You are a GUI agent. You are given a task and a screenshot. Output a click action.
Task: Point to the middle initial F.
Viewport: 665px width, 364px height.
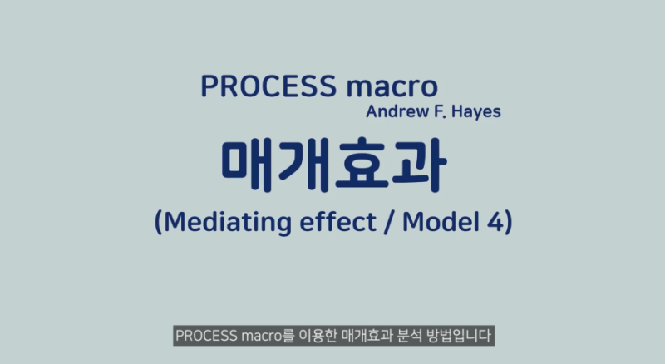(x=437, y=111)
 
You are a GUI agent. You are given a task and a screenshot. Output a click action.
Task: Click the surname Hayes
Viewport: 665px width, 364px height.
(x=475, y=112)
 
